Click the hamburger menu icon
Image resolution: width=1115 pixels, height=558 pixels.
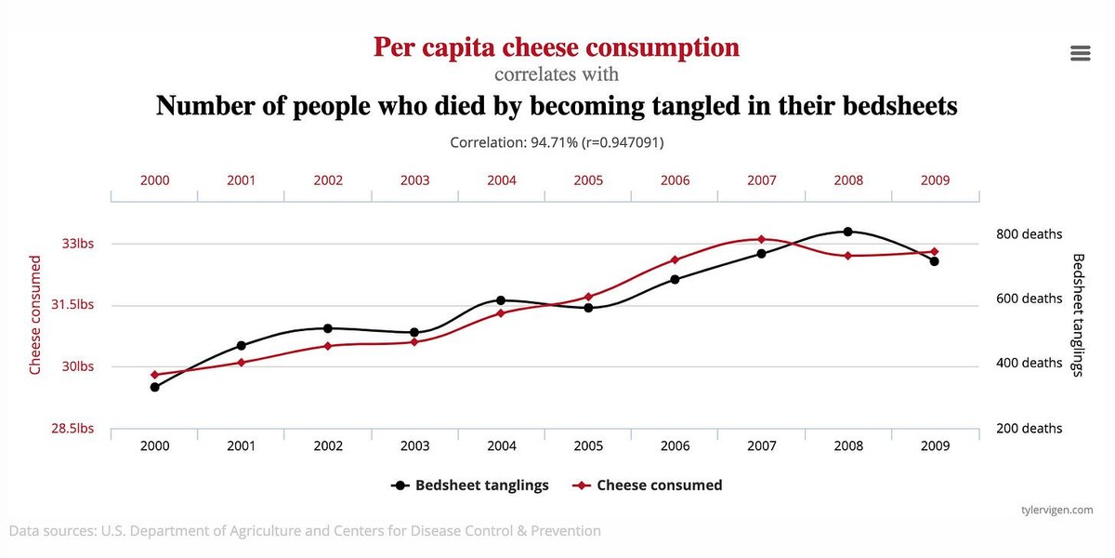(x=1080, y=53)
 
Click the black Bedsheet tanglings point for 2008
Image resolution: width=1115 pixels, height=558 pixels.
(x=847, y=232)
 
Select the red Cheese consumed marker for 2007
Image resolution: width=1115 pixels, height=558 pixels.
(x=761, y=240)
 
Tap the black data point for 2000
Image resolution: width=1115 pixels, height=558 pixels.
(x=154, y=387)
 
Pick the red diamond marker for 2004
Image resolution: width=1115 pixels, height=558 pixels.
(x=501, y=312)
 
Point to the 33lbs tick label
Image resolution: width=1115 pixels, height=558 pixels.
(x=78, y=244)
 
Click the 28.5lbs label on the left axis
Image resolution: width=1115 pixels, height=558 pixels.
(x=72, y=429)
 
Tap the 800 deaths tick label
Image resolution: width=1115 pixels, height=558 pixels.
(x=1029, y=234)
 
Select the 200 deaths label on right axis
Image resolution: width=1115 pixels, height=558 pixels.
(x=1029, y=429)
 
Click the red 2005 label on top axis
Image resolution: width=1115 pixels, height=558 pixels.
(x=588, y=180)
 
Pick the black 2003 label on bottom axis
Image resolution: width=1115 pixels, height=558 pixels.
(x=414, y=446)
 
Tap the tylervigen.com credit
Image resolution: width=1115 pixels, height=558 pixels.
(x=1056, y=510)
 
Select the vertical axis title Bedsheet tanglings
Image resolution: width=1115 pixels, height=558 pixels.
(x=1078, y=314)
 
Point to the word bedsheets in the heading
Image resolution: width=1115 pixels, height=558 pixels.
(x=899, y=105)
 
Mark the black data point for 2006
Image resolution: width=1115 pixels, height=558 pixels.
(x=675, y=279)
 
